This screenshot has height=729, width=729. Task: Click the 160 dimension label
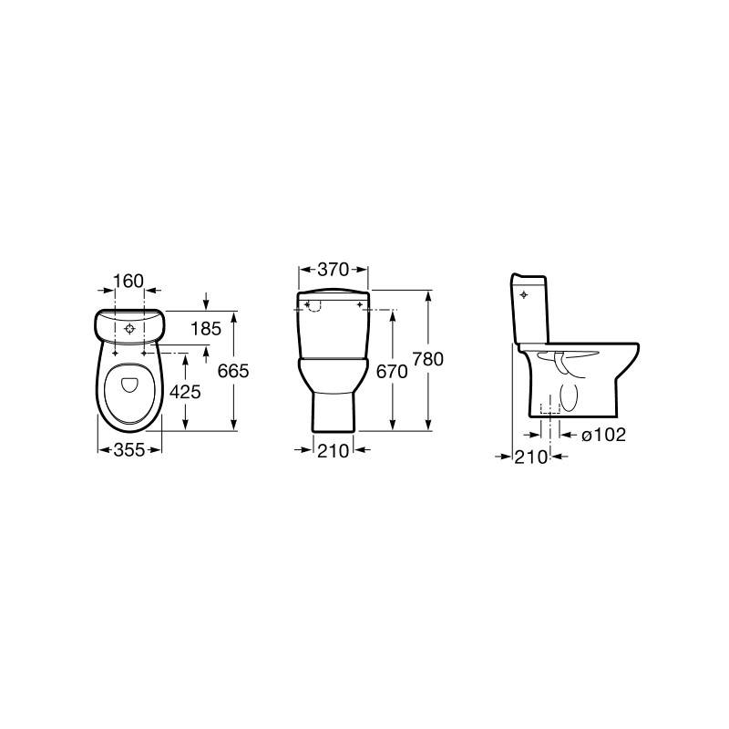128,281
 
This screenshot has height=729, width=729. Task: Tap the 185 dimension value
206,329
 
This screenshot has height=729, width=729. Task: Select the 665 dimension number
233,371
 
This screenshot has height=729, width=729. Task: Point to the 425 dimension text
185,392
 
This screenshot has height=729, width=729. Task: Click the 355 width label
129,449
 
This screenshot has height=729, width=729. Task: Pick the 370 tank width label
333,269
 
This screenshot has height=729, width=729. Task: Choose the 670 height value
392,371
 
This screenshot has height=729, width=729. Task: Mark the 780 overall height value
428,359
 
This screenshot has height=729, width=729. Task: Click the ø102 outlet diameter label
603,435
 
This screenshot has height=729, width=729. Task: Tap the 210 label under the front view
333,450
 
